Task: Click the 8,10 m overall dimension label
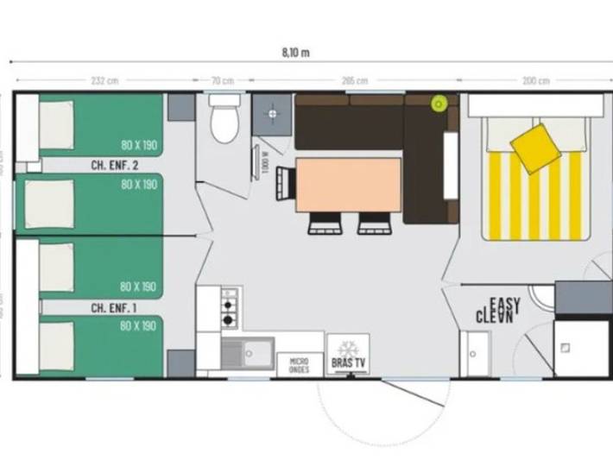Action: [x=295, y=51]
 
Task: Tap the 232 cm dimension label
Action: [x=104, y=81]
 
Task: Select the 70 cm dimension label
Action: [x=224, y=81]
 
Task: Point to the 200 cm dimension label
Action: [x=535, y=81]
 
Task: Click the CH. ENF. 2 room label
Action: [x=115, y=164]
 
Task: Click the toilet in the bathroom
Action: [x=224, y=122]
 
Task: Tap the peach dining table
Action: [x=349, y=184]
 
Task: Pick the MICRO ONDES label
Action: [x=299, y=365]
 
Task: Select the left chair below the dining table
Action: [x=325, y=223]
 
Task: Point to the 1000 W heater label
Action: [x=265, y=161]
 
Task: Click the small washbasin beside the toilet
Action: [x=272, y=112]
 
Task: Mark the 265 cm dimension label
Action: [x=349, y=81]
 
